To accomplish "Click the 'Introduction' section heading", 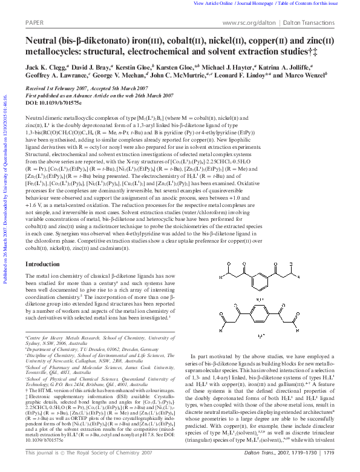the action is tap(42, 264).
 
